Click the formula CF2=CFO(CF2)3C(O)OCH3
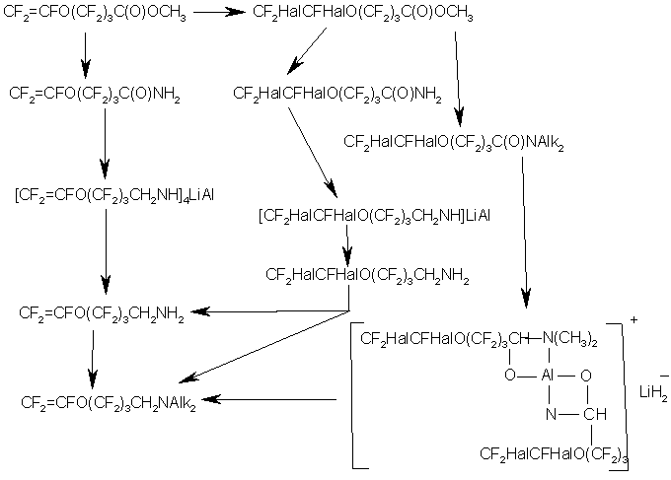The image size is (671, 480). [x=95, y=13]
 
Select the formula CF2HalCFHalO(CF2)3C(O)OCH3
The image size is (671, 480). [x=363, y=13]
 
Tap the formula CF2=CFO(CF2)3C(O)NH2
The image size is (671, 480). [x=95, y=94]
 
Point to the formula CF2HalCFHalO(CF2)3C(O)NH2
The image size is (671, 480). [x=337, y=94]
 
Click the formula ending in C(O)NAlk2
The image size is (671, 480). [x=454, y=142]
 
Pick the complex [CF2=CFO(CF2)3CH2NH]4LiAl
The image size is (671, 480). [x=114, y=195]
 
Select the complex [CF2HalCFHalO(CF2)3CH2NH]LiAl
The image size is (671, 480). [x=374, y=215]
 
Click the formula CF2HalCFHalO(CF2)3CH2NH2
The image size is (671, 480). [x=367, y=275]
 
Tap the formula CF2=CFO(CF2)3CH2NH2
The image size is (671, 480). [x=102, y=313]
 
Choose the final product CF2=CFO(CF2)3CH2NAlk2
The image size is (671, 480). [x=109, y=403]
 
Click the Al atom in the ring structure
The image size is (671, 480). [x=548, y=376]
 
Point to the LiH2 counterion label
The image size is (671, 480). [x=653, y=392]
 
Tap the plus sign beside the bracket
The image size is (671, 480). [x=634, y=319]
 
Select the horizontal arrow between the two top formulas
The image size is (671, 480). [x=220, y=12]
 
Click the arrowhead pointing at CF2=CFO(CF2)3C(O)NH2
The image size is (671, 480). [x=86, y=69]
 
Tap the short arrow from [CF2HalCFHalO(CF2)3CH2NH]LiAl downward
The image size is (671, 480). [x=347, y=246]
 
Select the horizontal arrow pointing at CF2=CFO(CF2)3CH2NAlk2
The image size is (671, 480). [x=269, y=399]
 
